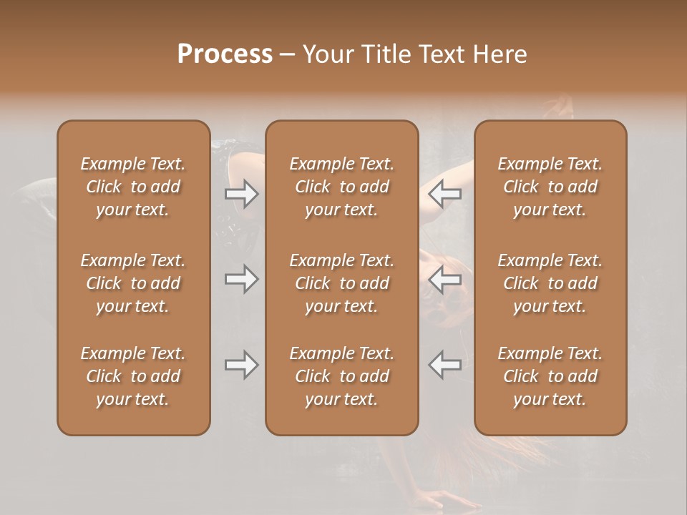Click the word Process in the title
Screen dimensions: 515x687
pos(225,54)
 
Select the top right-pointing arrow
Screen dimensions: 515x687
pos(242,193)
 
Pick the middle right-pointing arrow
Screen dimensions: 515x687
pos(242,279)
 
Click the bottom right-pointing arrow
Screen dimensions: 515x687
pos(242,365)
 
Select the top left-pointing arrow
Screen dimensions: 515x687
pos(444,193)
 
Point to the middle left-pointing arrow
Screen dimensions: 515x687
pos(444,279)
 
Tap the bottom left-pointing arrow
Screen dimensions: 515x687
pos(444,365)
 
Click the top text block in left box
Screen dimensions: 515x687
pos(133,187)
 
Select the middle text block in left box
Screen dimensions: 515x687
pos(133,283)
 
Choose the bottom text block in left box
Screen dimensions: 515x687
pos(133,376)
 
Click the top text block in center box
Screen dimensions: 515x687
pos(341,187)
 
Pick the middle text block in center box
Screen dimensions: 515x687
pos(341,283)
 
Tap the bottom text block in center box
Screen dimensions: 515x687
pos(341,376)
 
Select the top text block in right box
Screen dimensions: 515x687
pos(550,187)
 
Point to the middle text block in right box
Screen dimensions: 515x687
pos(550,283)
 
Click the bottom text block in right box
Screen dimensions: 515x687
pos(550,376)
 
